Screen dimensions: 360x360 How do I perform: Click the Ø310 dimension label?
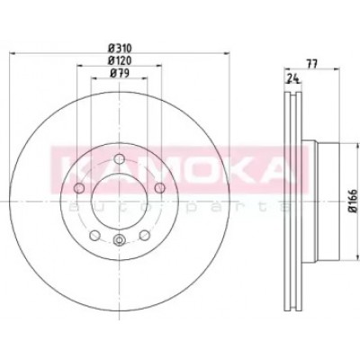point(120,48)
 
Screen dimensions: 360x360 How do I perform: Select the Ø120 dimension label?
point(120,60)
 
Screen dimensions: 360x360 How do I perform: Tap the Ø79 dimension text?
point(120,74)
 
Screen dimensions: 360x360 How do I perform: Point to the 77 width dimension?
point(311,64)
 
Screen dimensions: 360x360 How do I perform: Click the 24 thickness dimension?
point(293,78)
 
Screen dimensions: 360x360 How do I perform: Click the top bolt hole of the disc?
point(120,158)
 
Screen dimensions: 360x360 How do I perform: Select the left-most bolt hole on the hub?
point(79,188)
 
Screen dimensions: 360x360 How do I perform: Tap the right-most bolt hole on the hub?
point(160,188)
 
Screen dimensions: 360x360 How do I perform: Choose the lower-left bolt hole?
point(94,235)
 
